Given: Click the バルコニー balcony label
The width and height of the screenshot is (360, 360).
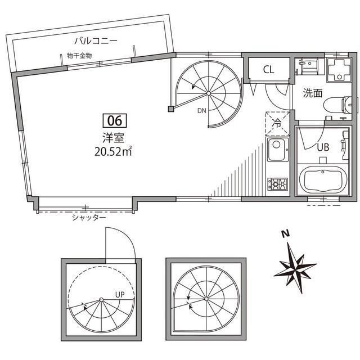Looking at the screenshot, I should click(x=95, y=40).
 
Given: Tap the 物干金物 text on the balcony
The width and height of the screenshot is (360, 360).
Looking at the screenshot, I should click(x=79, y=55).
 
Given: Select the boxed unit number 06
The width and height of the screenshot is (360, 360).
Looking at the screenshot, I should click(x=115, y=120).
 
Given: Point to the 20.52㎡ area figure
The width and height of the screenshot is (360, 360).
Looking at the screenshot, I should click(x=115, y=150).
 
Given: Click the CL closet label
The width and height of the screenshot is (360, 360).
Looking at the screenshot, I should click(x=268, y=70).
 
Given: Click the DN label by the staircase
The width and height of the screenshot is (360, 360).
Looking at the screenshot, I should click(x=201, y=111).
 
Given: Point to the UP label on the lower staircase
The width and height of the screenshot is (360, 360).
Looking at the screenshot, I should click(x=119, y=294).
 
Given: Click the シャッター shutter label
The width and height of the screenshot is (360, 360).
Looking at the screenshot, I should click(x=89, y=217).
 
